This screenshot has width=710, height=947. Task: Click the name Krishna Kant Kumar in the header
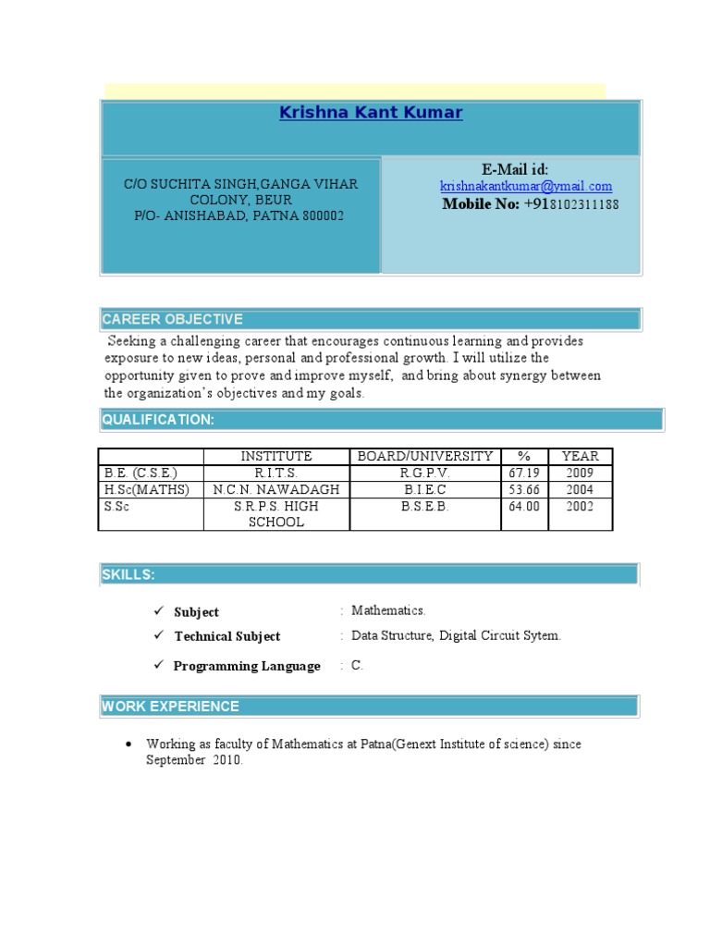click(x=371, y=113)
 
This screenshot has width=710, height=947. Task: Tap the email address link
click(x=525, y=187)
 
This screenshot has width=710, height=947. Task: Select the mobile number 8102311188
click(x=584, y=204)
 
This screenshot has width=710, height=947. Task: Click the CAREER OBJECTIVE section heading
click(x=173, y=319)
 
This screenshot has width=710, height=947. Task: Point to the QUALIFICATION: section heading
click(x=158, y=420)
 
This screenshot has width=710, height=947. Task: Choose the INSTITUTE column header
click(x=276, y=456)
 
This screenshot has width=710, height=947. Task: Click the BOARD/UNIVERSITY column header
click(x=425, y=456)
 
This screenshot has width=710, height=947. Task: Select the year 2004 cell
click(x=580, y=489)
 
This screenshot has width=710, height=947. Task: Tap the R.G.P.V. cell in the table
click(x=425, y=473)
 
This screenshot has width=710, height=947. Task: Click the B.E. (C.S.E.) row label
click(x=141, y=473)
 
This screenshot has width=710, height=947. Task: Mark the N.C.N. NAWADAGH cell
click(x=276, y=489)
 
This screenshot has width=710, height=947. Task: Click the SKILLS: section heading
click(x=129, y=575)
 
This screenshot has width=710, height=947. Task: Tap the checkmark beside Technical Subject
click(x=159, y=635)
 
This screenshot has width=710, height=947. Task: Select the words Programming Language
click(x=247, y=666)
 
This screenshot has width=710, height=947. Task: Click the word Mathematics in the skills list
click(x=388, y=610)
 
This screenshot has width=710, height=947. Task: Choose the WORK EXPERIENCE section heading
click(x=171, y=707)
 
